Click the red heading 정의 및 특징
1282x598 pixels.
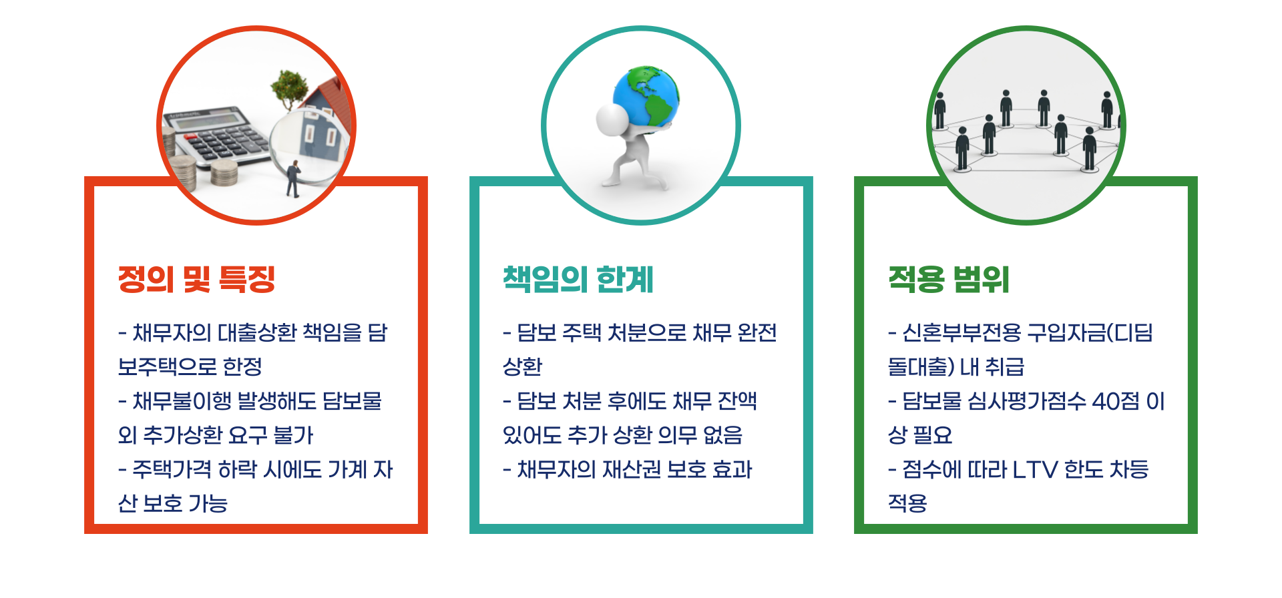(196, 279)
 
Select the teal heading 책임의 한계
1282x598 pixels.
(578, 279)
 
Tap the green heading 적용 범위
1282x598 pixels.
(948, 279)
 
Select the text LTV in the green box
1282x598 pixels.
(1035, 469)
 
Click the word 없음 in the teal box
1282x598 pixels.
(722, 435)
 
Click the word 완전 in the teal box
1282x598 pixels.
(757, 332)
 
